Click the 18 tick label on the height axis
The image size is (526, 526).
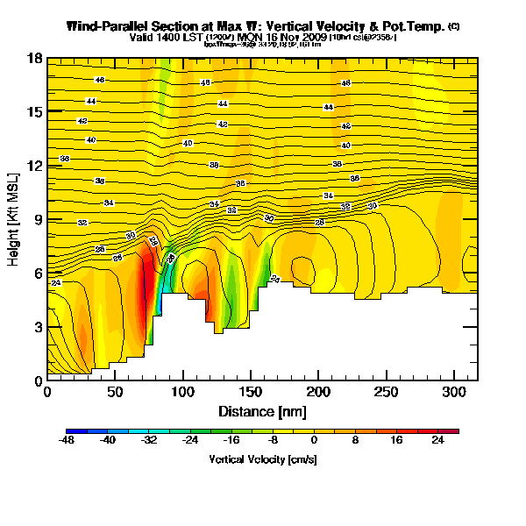(35, 59)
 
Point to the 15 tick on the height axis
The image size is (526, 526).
(35, 112)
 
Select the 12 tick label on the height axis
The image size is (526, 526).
(35, 166)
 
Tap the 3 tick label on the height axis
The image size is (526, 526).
(38, 327)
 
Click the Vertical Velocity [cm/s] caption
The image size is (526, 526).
(262, 458)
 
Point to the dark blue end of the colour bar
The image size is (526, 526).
(70, 430)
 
